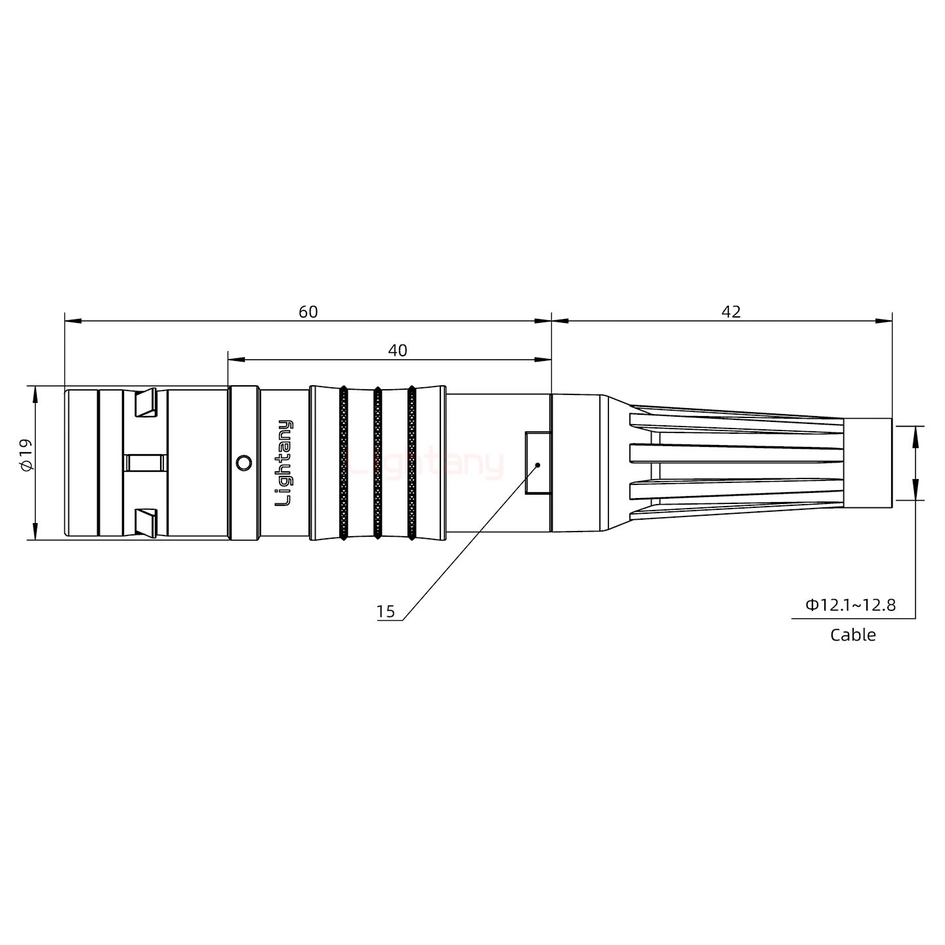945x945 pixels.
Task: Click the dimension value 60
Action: pyautogui.click(x=308, y=312)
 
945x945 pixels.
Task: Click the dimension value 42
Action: pyautogui.click(x=731, y=312)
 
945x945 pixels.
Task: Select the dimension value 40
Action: pyautogui.click(x=397, y=350)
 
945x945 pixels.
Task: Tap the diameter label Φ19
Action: pyautogui.click(x=25, y=455)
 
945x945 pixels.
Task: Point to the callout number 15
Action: pyautogui.click(x=386, y=612)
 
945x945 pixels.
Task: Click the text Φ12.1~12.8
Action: pyautogui.click(x=850, y=604)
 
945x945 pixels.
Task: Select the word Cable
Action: pyautogui.click(x=852, y=635)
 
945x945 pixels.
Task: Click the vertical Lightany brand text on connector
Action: pyautogui.click(x=284, y=463)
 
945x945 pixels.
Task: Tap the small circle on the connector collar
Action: pyautogui.click(x=243, y=463)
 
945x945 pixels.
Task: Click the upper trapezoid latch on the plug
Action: pyautogui.click(x=146, y=403)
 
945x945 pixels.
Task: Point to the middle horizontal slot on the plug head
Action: pyautogui.click(x=146, y=463)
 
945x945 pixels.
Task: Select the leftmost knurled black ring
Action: pyautogui.click(x=343, y=463)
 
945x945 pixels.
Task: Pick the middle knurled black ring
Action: pyautogui.click(x=377, y=463)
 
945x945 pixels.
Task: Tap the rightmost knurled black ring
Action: pyautogui.click(x=411, y=463)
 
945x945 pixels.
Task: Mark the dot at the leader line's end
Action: pyautogui.click(x=537, y=465)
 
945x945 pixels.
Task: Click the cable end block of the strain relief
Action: pyautogui.click(x=867, y=463)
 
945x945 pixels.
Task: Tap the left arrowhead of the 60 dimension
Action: pyautogui.click(x=72, y=321)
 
